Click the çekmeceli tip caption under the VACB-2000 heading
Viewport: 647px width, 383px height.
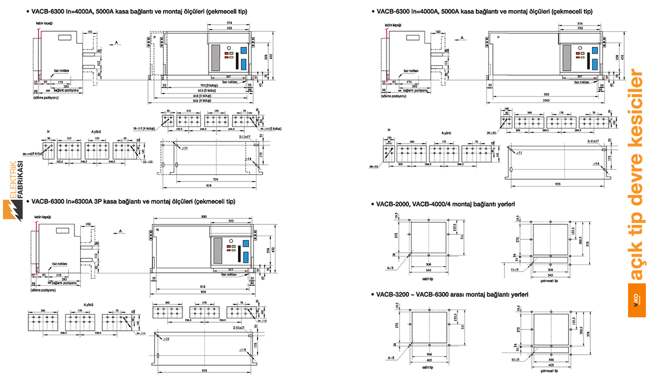547,282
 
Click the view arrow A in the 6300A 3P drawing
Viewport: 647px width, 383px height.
120,230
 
